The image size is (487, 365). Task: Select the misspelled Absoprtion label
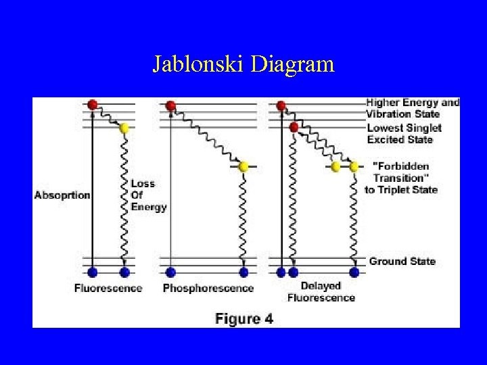62,195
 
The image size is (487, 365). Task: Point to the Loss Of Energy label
148,195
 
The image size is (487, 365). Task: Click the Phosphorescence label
208,289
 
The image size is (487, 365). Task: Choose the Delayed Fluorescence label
321,292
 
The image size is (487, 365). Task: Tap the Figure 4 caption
244,319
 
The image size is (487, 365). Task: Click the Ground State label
402,261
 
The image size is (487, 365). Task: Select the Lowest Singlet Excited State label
404,134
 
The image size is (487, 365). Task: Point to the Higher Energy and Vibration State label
413,108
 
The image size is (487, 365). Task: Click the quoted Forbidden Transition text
401,172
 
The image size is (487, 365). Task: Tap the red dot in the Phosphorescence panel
170,105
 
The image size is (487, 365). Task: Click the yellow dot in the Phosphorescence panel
243,166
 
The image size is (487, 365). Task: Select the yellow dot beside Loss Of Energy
124,128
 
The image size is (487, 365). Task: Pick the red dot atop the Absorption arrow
93,105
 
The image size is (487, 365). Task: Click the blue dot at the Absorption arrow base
93,272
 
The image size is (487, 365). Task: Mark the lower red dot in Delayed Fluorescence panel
294,127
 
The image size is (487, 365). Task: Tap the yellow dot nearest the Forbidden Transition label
353,166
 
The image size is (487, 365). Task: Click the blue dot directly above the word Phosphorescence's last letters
243,272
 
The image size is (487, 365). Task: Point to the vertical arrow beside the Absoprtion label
93,189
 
